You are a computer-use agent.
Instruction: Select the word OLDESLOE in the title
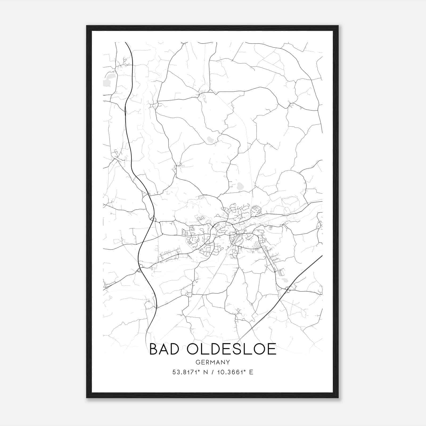pos(231,349)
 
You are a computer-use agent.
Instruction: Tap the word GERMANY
pos(213,362)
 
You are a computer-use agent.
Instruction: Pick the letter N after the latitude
pos(205,372)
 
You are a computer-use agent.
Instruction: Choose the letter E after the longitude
pos(251,372)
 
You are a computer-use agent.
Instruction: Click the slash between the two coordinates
pos(212,372)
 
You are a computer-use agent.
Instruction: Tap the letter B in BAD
pos(154,349)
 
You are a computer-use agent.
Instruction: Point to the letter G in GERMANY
pos(198,362)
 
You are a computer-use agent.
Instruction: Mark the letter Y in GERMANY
pos(228,362)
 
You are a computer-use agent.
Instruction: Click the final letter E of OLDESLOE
pos(272,349)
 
